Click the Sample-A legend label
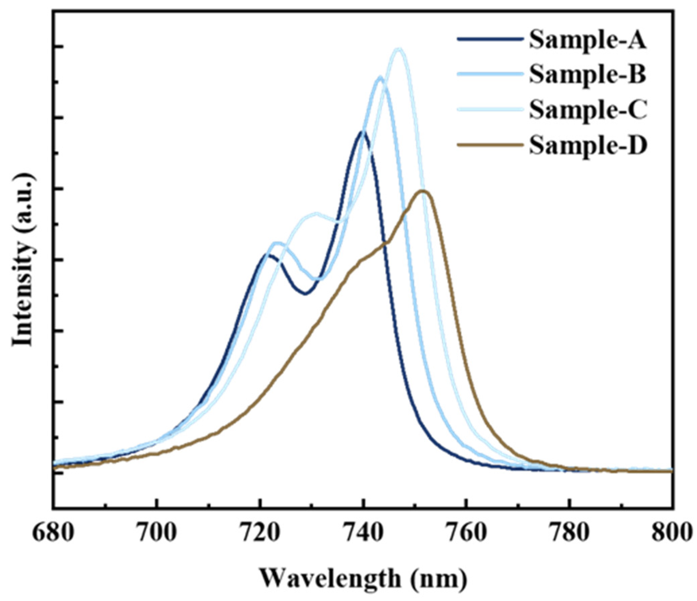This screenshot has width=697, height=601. coord(588,40)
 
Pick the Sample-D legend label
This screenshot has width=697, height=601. coord(588,145)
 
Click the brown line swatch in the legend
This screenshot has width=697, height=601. coord(490,145)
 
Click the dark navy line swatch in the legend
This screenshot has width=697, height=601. coord(490,39)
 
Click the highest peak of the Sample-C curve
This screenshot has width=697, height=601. coord(399,49)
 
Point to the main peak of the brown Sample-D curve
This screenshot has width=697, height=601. coord(423,191)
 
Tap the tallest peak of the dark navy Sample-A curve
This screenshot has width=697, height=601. coord(362,132)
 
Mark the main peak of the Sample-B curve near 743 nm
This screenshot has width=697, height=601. coord(380,77)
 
